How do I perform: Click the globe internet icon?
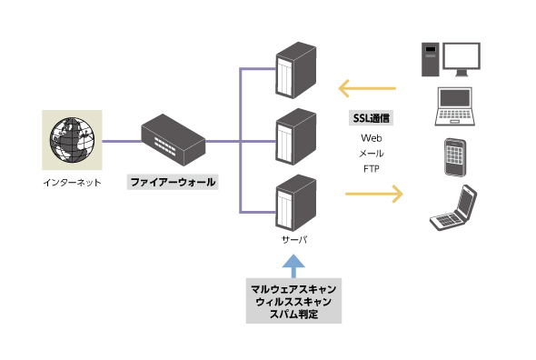71,140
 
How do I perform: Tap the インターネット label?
72,183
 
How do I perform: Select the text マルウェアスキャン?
293,288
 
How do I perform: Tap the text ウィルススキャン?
293,301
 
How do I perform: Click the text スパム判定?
293,314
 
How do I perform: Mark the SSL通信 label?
372,119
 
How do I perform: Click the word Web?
372,138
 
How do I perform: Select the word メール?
372,154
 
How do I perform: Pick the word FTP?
372,169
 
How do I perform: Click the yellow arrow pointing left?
367,89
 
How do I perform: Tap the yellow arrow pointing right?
373,193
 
